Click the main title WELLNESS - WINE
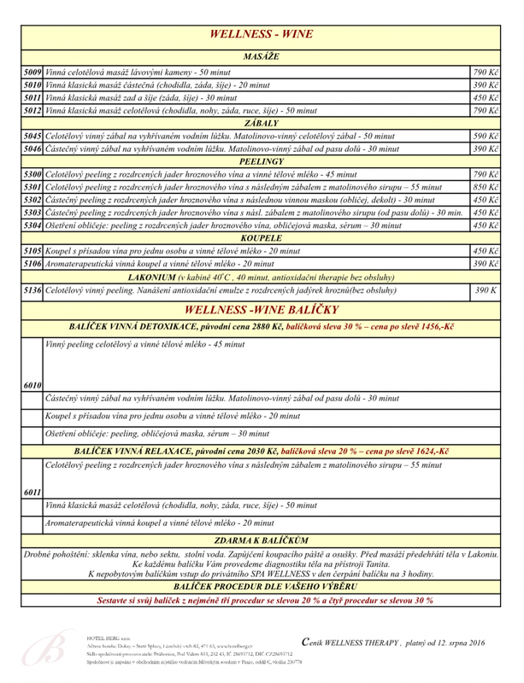[261, 35]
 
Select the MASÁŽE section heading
[261, 56]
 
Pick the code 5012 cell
[33, 110]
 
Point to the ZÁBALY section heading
[261, 123]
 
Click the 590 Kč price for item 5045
[485, 136]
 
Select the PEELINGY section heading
[261, 161]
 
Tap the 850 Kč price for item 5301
[485, 187]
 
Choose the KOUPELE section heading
[261, 238]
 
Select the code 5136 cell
[33, 291]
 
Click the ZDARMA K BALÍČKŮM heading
[261, 540]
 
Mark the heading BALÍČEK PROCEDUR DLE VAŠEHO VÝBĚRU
[261, 588]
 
